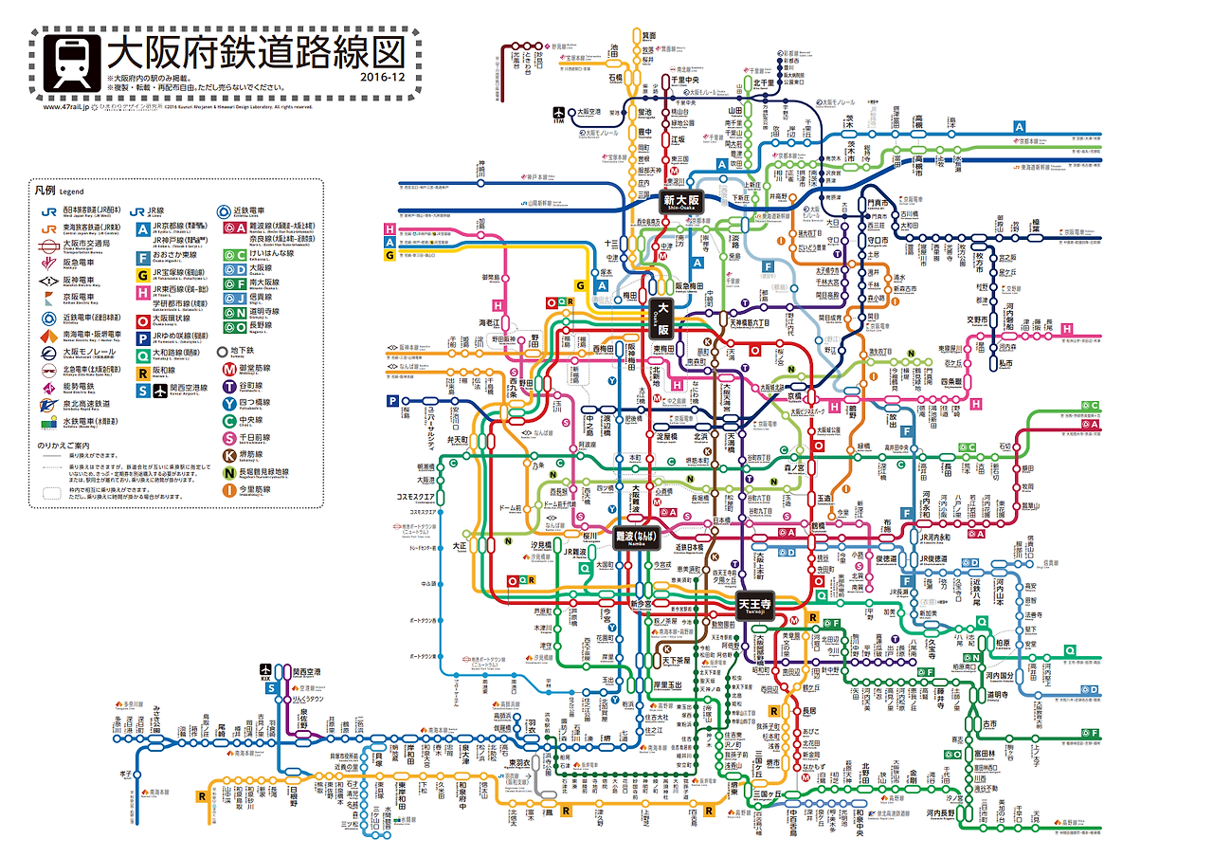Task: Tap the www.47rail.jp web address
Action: click(65, 107)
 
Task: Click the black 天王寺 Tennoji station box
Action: click(754, 604)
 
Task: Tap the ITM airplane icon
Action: click(559, 112)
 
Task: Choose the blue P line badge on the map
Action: click(392, 401)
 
